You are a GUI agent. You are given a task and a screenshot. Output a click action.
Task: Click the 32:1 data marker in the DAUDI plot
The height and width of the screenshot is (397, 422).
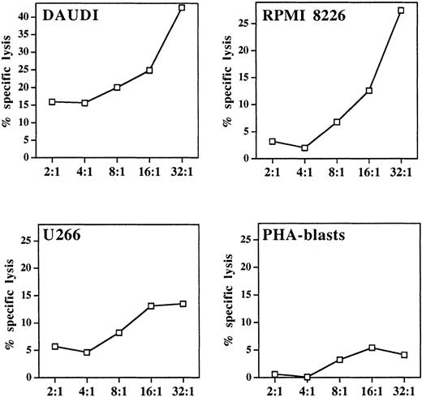[182, 7]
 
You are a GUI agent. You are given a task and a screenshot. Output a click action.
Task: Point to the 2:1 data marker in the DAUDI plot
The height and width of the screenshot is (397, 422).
[53, 102]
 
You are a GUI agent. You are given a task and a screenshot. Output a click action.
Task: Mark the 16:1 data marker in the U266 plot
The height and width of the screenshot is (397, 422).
[150, 306]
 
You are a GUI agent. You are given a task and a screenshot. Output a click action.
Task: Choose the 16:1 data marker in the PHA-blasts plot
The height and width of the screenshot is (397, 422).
[371, 348]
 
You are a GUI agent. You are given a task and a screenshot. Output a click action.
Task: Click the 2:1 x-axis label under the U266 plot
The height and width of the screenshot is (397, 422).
[53, 391]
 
